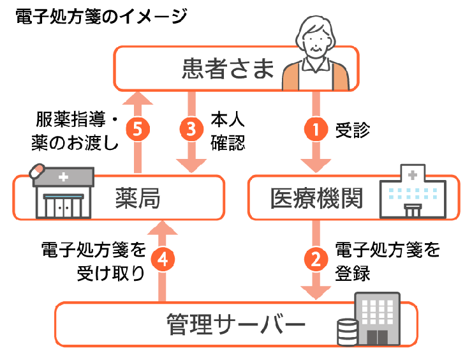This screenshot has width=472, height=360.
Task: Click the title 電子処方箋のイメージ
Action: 101,16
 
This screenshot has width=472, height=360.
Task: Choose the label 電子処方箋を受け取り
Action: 93,260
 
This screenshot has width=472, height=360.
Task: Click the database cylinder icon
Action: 346,332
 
